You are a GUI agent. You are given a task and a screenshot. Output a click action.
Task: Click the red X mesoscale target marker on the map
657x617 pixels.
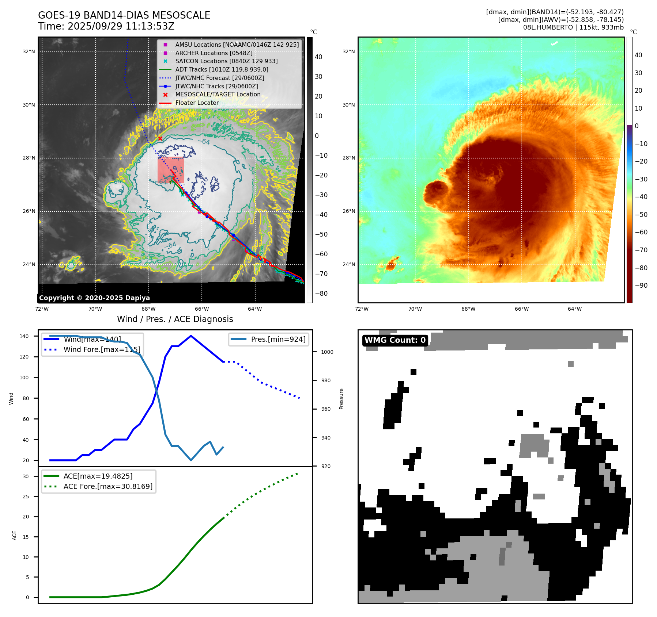pos(160,138)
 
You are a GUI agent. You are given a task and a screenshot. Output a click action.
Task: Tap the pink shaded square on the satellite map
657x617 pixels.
pos(171,170)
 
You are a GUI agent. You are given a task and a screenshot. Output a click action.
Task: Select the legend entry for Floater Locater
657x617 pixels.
pos(197,103)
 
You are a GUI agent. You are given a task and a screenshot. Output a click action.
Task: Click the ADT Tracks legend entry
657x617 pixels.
pos(222,69)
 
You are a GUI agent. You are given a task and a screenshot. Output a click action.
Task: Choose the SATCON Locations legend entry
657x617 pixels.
pos(226,61)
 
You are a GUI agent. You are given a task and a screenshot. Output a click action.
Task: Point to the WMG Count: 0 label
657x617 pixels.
pos(395,340)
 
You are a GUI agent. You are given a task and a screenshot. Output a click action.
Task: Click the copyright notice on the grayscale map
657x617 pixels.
pos(94,298)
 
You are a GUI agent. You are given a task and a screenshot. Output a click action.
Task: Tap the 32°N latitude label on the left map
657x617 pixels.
pos(29,52)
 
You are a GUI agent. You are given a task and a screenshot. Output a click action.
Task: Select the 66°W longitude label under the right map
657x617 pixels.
pos(521,309)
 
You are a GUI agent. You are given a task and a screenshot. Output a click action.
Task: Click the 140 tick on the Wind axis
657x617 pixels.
pos(24,336)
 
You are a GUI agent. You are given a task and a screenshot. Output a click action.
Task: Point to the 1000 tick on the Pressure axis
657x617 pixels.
pos(327,352)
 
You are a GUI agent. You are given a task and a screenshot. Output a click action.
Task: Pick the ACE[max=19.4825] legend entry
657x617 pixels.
pos(98,476)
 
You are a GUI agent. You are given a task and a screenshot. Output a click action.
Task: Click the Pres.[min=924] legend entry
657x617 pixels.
pos(278,339)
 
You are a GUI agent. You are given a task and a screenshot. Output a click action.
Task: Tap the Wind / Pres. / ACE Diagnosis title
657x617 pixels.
pos(175,319)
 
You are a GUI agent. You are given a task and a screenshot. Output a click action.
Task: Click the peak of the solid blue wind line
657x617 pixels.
pos(191,336)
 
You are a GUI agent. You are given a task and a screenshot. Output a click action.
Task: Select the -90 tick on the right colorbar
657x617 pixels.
pos(641,285)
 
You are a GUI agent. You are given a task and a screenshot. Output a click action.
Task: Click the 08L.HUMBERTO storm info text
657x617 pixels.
pos(573,27)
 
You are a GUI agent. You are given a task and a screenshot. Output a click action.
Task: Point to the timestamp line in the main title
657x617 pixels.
pos(106,26)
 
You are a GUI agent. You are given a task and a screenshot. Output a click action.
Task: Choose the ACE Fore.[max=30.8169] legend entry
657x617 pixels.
pos(108,486)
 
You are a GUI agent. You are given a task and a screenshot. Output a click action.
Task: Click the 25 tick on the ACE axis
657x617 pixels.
pos(26,497)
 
